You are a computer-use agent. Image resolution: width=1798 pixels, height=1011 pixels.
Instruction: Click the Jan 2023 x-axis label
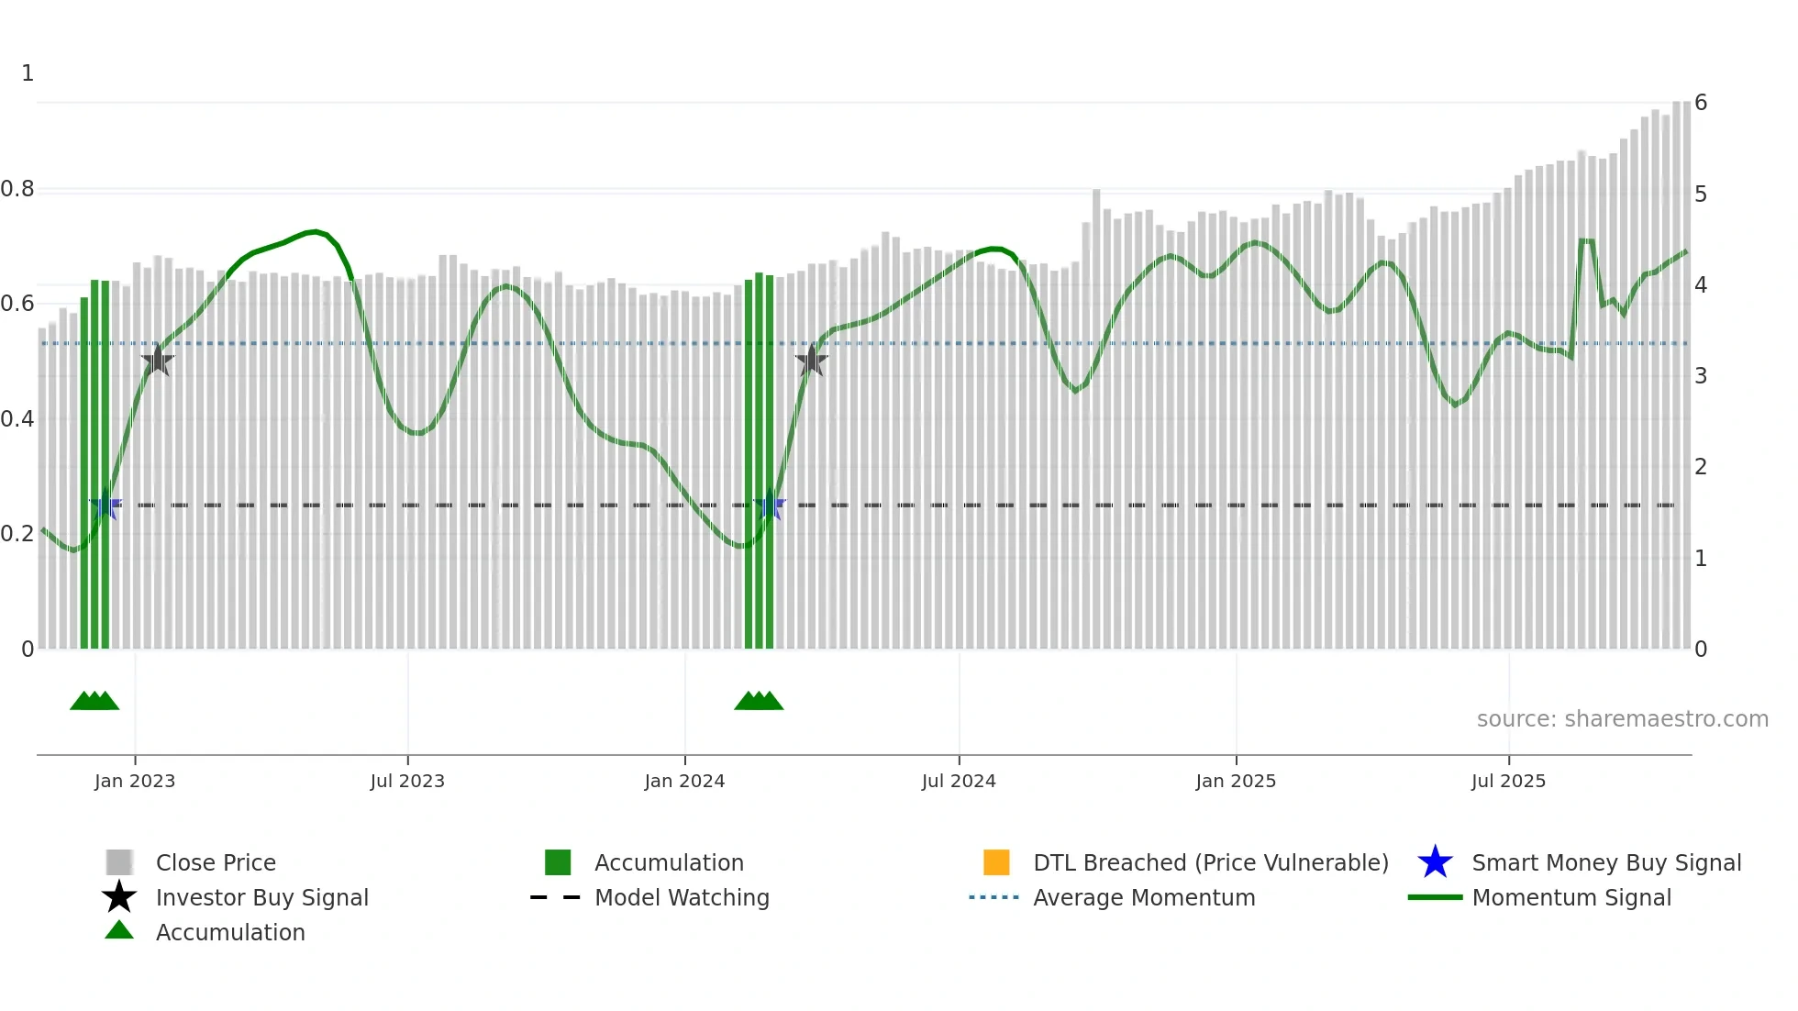pyautogui.click(x=135, y=781)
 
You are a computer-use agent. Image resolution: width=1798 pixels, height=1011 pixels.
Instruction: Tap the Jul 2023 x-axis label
pyautogui.click(x=407, y=781)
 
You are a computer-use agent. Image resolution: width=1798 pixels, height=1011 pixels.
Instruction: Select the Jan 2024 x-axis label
pyautogui.click(x=684, y=781)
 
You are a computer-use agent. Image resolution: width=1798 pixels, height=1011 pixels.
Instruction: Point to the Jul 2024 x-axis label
pyautogui.click(x=959, y=781)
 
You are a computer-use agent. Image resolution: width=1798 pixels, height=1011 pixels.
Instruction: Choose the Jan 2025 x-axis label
pyautogui.click(x=1236, y=781)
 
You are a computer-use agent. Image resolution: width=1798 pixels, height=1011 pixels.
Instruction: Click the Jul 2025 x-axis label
pyautogui.click(x=1508, y=781)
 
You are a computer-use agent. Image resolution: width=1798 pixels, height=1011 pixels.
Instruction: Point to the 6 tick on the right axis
pyautogui.click(x=1701, y=103)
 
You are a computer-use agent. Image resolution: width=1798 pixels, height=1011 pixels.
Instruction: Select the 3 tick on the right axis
pyautogui.click(x=1701, y=376)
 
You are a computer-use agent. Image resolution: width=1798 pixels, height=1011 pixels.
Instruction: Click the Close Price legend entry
pyautogui.click(x=216, y=862)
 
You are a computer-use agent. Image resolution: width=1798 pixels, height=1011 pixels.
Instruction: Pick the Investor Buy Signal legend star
pyautogui.click(x=119, y=897)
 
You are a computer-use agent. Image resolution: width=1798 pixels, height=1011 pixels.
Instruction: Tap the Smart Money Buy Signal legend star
pyautogui.click(x=1435, y=862)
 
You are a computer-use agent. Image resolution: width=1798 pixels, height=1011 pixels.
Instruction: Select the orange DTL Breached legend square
pyautogui.click(x=996, y=862)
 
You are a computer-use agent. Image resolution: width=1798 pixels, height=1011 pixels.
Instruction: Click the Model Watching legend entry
pyautogui.click(x=682, y=897)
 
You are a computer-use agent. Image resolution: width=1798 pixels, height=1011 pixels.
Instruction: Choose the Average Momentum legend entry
pyautogui.click(x=1144, y=897)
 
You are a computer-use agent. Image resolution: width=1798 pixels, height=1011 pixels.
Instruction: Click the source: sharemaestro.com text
pyautogui.click(x=1622, y=719)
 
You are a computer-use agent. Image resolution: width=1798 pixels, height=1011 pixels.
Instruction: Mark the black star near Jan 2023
pyautogui.click(x=158, y=361)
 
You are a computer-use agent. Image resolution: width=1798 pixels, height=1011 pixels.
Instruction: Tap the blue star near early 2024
pyautogui.click(x=770, y=505)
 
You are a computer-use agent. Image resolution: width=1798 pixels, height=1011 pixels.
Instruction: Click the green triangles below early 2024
pyautogui.click(x=759, y=701)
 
